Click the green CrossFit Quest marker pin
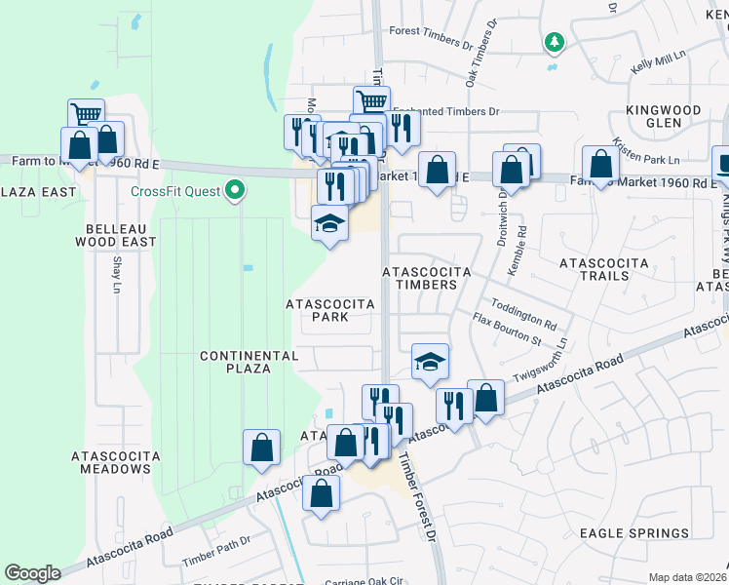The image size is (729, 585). click(234, 190)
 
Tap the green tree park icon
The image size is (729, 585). click(554, 42)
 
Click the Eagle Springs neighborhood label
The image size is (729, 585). click(633, 533)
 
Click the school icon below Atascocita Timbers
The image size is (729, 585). click(429, 362)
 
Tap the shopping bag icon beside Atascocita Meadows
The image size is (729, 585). click(261, 448)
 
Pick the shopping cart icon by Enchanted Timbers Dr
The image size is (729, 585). click(371, 101)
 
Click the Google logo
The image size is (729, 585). click(32, 573)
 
